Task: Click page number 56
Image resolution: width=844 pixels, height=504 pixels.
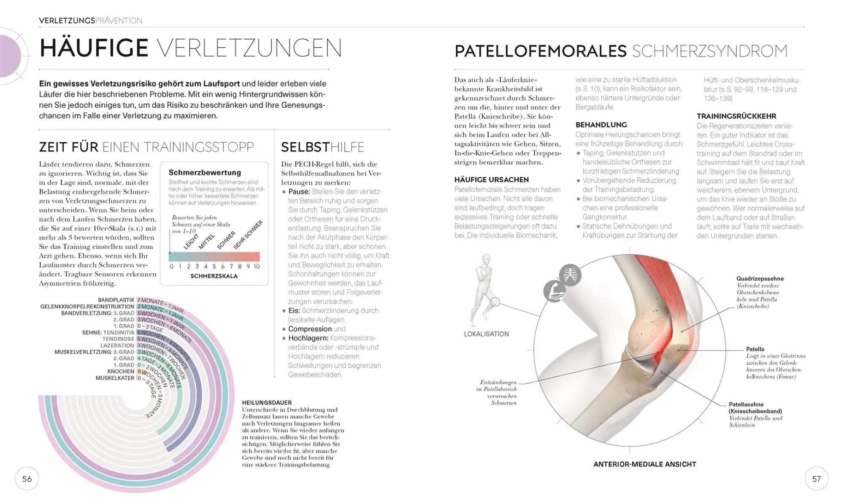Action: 27,479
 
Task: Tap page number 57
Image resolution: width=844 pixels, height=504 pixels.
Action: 816,479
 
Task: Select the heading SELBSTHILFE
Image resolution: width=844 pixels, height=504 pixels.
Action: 322,147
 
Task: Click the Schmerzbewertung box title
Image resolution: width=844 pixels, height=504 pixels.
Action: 205,172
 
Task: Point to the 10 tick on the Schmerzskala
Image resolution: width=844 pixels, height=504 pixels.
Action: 257,267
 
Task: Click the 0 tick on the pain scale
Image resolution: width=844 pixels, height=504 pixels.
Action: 171,267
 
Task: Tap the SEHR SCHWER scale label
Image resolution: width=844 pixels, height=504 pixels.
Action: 248,234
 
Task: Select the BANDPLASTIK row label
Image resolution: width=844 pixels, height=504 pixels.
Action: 116,300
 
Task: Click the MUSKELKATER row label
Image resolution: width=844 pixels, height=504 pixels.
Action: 115,378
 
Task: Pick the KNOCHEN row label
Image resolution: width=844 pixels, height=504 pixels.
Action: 121,372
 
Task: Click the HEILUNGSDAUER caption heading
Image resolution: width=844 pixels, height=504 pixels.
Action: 267,403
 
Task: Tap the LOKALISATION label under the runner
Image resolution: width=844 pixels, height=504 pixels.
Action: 486,334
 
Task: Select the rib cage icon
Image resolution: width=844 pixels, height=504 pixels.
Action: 570,275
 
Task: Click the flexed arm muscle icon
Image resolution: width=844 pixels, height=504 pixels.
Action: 554,291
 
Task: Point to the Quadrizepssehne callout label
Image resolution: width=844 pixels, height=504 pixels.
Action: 760,279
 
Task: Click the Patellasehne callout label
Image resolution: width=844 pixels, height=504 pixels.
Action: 746,404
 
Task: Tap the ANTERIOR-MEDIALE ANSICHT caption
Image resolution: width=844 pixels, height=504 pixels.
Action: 644,464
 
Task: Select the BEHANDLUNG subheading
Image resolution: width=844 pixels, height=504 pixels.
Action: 601,125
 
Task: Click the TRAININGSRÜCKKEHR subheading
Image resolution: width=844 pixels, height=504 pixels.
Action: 736,116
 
